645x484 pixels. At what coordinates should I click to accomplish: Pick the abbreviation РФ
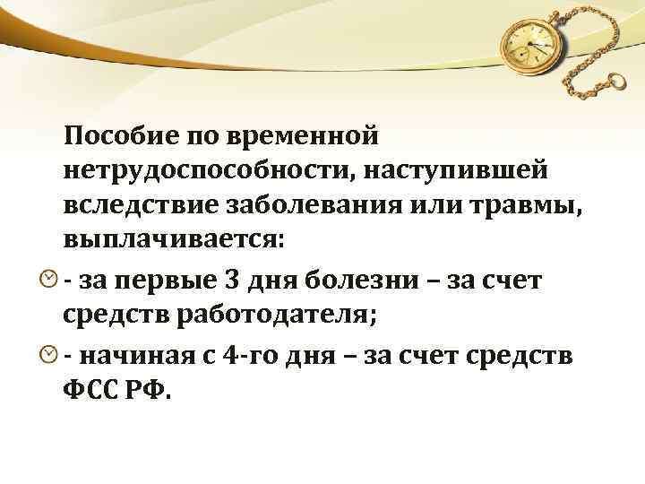[153, 391]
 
